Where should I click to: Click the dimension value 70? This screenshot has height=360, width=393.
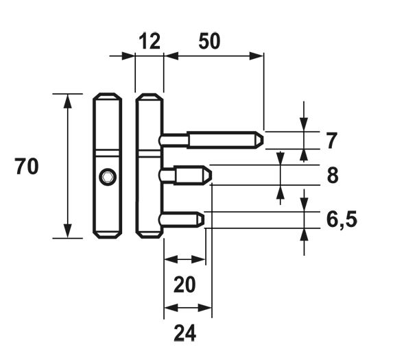tap(27, 167)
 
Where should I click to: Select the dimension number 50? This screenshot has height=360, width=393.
tap(209, 41)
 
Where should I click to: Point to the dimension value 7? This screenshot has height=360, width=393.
tap(331, 141)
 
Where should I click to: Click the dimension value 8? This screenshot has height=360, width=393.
tap(333, 176)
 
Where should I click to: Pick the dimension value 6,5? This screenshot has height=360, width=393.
tap(342, 220)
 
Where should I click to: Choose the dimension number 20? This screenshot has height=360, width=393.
tap(184, 285)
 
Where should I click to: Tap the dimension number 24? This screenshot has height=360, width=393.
tap(184, 333)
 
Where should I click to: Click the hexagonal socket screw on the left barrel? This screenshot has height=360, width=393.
tap(108, 177)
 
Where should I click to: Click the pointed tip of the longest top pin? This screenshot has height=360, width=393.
tap(263, 140)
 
